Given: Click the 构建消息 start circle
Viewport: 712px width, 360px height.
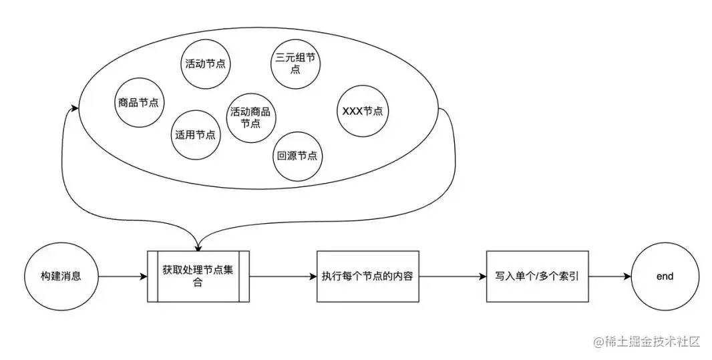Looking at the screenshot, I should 61,276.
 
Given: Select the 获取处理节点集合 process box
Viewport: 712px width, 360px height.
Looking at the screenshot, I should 198,276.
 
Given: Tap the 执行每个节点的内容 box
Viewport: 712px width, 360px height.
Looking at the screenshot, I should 367,276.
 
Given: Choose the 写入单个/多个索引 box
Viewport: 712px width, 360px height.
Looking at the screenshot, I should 537,276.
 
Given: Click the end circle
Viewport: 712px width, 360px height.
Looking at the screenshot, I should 665,276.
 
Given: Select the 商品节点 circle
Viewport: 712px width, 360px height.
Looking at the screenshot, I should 140,103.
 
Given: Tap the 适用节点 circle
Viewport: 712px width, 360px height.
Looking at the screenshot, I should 196,134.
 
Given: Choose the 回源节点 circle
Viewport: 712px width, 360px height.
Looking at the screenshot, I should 297,156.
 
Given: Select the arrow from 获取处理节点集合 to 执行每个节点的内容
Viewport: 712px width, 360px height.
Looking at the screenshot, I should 282,276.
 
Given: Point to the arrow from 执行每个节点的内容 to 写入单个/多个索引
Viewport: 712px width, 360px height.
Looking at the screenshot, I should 452,276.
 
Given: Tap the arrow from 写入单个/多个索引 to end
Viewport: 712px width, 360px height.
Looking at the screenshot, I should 609,276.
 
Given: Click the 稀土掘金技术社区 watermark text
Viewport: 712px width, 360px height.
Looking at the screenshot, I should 647,342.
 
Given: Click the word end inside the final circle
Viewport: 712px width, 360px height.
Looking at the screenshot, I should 665,276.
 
